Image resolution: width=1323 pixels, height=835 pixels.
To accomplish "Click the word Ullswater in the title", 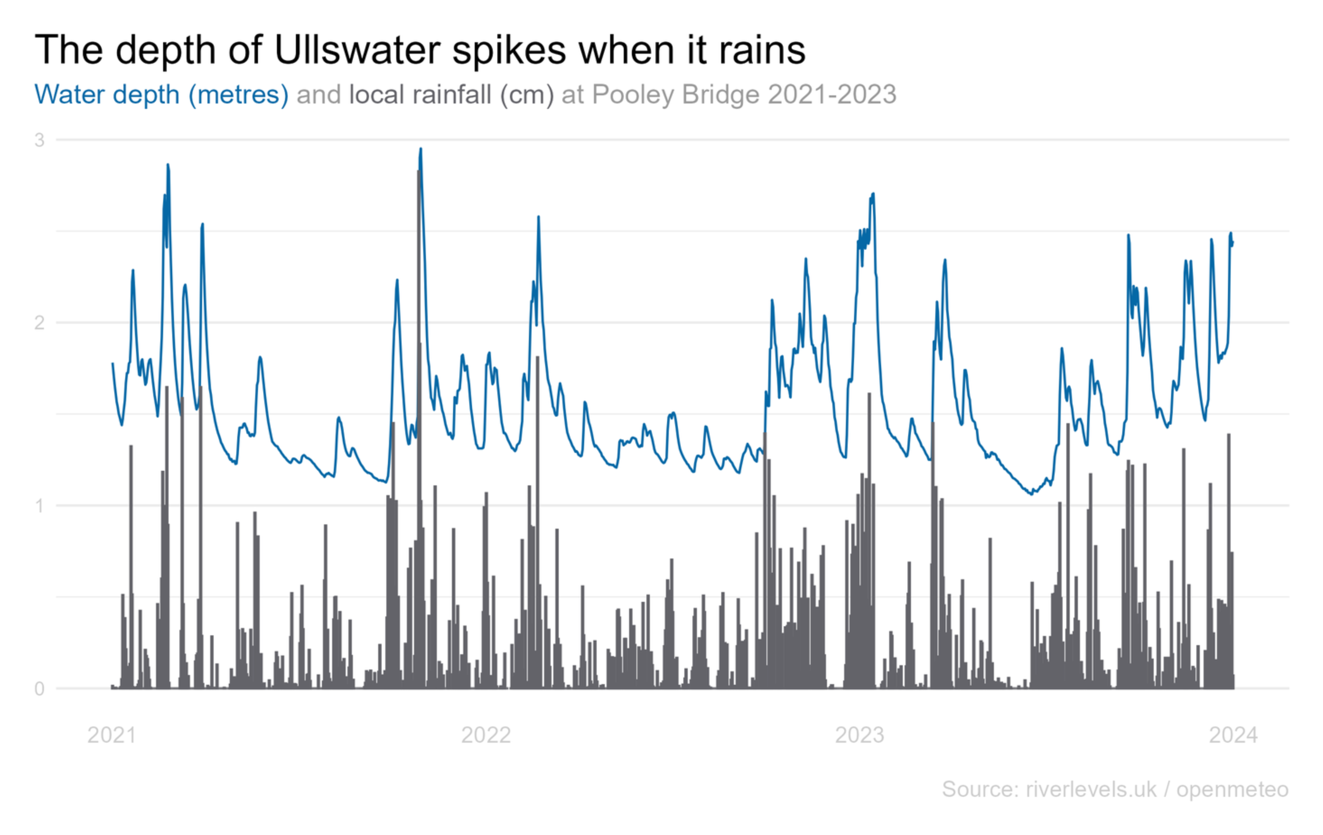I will point(357,50).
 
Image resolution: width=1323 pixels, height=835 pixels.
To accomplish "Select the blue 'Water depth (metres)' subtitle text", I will point(161,94).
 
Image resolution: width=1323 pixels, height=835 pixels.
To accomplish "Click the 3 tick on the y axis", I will point(39,140).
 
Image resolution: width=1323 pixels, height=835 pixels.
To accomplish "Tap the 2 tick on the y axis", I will point(39,322).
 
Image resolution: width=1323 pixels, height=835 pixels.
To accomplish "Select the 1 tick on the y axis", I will point(39,505).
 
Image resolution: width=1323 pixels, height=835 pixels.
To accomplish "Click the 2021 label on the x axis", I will point(112,735).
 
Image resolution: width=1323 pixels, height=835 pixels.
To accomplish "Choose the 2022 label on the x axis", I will point(486,735).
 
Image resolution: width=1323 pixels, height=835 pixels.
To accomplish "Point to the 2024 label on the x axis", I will point(1233,735).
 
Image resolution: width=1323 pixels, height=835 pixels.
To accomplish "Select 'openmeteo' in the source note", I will point(1232,789).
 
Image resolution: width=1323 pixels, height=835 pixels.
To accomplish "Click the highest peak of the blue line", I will point(421,148).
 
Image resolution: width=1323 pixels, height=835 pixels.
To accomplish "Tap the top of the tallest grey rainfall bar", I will point(419,171).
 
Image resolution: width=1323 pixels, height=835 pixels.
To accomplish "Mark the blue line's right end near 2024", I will point(1233,243).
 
